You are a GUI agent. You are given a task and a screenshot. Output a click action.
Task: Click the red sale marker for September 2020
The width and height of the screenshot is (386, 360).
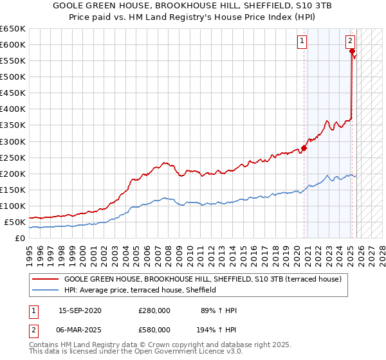[304, 148]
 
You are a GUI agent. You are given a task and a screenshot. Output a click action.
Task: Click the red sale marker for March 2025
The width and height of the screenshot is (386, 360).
[352, 51]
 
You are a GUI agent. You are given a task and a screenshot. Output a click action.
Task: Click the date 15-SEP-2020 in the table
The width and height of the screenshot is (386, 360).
[80, 310]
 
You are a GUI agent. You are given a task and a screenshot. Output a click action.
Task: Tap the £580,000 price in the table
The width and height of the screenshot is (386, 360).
[154, 329]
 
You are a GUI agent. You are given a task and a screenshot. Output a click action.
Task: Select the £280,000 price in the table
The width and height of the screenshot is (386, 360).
[154, 310]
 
